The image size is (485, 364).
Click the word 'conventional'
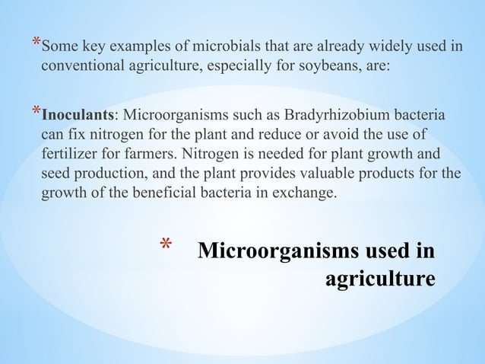point(79,65)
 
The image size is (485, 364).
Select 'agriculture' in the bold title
point(381,278)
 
